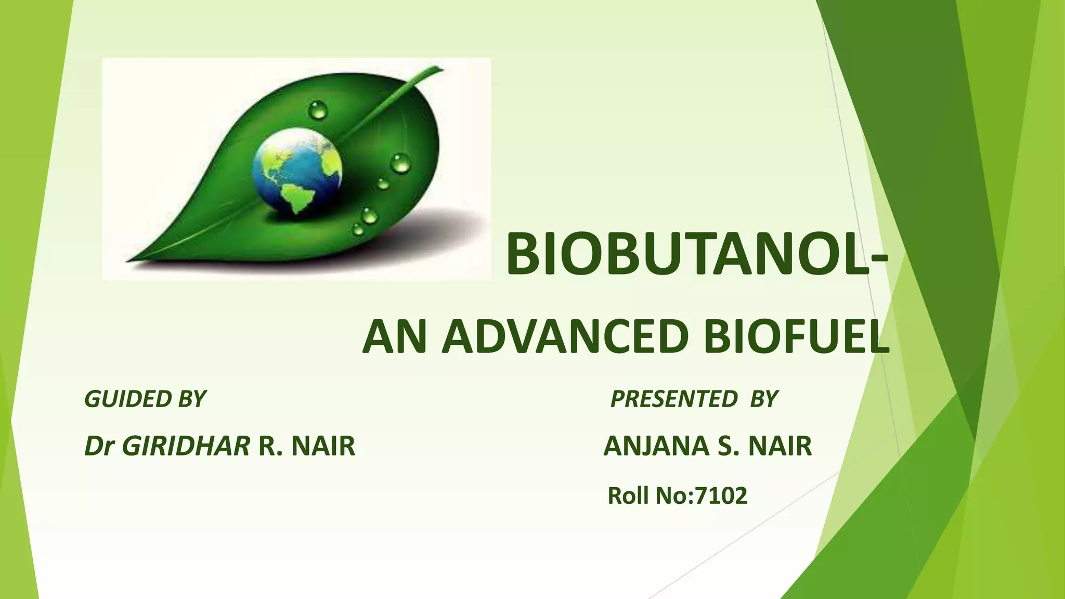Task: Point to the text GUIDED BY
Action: pos(145,399)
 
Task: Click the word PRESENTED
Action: pos(674,399)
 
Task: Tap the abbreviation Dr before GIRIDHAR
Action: pos(99,446)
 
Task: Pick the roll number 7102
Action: pos(721,496)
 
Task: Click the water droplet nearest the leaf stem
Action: pos(318,110)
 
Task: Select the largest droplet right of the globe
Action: pos(400,163)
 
